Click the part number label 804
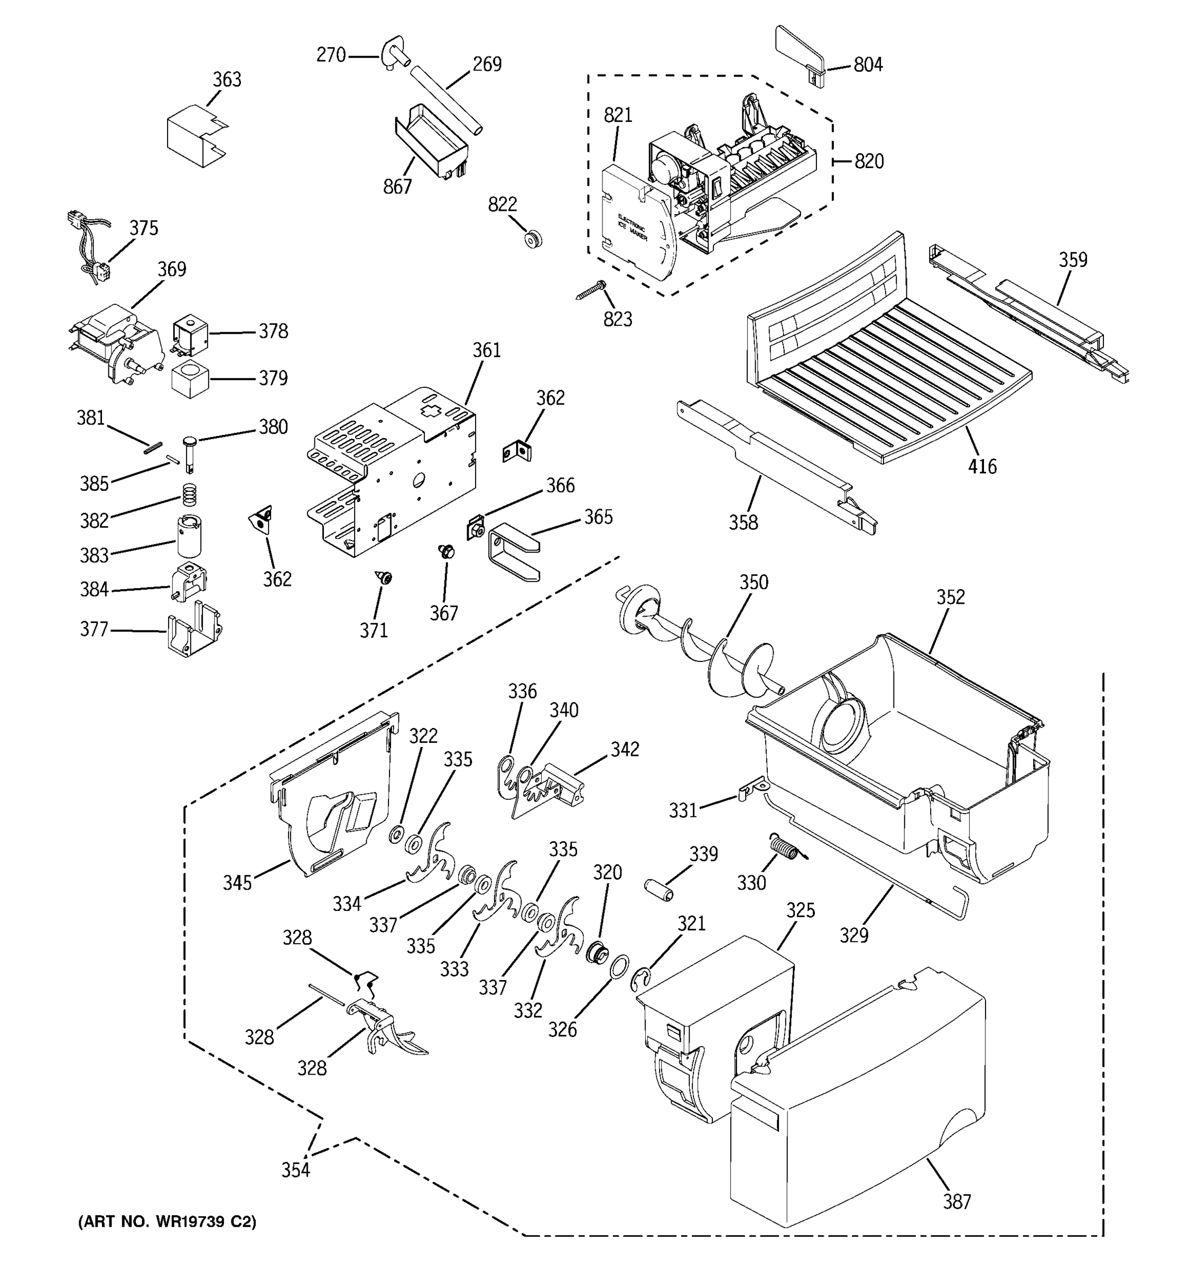point(868,64)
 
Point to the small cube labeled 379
point(190,378)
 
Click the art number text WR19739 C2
point(167,1221)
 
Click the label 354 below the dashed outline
point(295,1170)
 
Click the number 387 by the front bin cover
point(957,1201)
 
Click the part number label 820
point(869,161)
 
